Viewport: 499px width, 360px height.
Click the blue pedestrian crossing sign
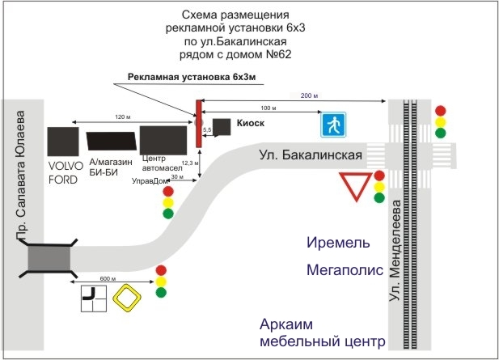tap(332, 125)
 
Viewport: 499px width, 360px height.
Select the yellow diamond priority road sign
tap(128, 299)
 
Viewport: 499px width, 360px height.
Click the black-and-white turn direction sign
tap(94, 299)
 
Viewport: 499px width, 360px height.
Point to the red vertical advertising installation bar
tap(198, 123)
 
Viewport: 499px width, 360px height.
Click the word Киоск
tap(251, 124)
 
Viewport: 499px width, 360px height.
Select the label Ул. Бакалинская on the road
tap(309, 154)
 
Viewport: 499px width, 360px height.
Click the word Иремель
tap(340, 243)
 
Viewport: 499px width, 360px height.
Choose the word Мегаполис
tap(344, 270)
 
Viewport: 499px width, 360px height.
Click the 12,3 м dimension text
tap(188, 163)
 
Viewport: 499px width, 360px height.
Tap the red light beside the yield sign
tap(379, 176)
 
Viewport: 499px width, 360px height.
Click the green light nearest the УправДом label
tap(168, 214)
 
